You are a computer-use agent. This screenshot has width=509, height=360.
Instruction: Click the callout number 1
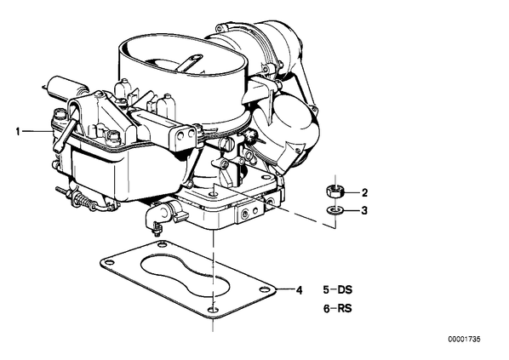point(18,132)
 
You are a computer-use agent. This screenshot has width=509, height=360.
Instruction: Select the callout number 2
point(364,193)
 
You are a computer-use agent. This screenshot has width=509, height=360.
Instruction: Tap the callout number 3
point(364,211)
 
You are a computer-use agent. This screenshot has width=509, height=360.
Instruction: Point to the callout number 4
point(299,290)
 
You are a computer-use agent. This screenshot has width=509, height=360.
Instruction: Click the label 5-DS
point(338,289)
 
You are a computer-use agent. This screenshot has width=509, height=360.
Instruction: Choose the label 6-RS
point(338,308)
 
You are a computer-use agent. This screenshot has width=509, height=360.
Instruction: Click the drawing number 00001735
point(464,340)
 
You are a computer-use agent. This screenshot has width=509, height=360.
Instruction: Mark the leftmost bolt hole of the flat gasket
point(107,263)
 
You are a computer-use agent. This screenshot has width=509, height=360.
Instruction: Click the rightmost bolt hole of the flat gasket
point(265,289)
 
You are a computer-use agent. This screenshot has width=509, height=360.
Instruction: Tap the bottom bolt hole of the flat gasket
point(213,309)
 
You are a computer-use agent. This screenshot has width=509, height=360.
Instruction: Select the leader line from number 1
point(37,131)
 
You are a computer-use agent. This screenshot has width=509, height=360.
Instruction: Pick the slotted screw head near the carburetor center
point(227,142)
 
